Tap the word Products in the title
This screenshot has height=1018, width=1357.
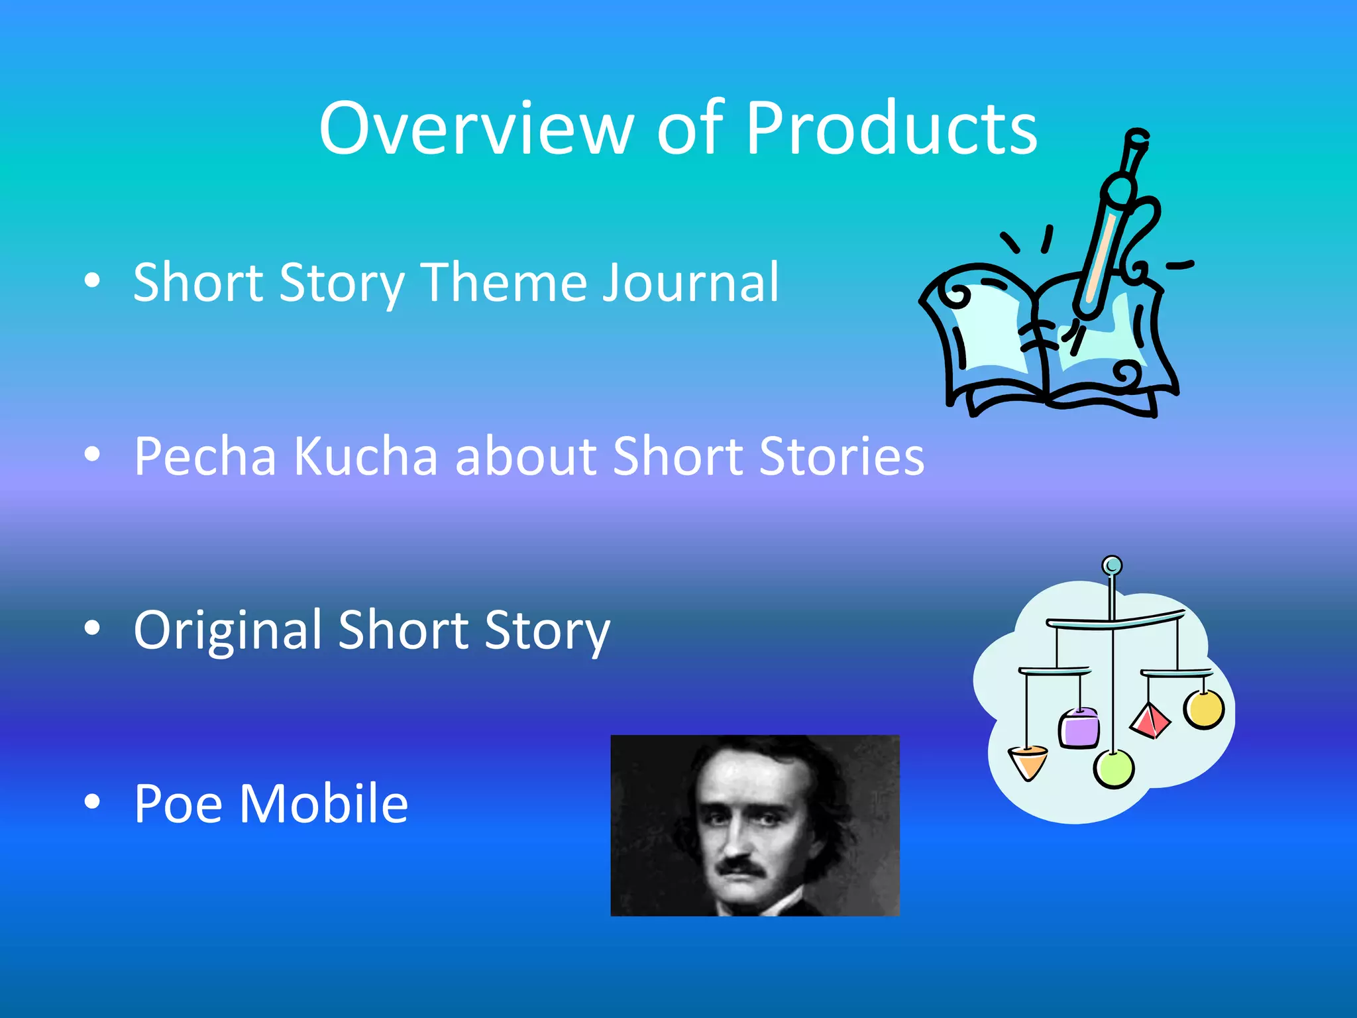[891, 129]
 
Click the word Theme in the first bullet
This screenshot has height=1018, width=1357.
[504, 283]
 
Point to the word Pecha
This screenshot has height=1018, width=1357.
[205, 457]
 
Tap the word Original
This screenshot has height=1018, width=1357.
[228, 631]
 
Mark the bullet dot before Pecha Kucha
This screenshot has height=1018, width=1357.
[92, 455]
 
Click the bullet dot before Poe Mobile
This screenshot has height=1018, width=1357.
[92, 802]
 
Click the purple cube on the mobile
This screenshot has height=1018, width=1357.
[1079, 728]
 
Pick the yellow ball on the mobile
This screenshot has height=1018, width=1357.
[1204, 709]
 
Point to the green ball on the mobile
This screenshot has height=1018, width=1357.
[1114, 769]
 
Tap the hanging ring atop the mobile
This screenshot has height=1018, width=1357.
[1112, 565]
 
